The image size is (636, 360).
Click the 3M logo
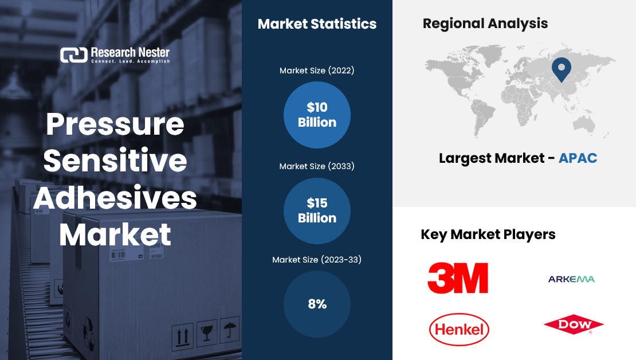(458, 278)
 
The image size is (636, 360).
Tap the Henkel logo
(459, 329)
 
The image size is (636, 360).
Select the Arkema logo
(571, 279)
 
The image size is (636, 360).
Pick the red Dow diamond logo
(574, 324)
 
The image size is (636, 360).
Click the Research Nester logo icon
(74, 55)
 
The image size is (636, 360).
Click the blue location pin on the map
(562, 69)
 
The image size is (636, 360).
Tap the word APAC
(578, 158)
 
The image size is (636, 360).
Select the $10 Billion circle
(317, 115)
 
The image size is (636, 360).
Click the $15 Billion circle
(317, 210)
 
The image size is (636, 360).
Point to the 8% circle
(317, 304)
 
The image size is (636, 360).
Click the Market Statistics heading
(317, 24)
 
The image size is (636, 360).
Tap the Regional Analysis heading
(485, 24)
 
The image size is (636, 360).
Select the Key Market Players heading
(488, 234)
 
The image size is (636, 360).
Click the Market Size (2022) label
(317, 71)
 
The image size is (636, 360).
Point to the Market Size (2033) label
(317, 166)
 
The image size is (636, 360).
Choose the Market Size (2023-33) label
(317, 260)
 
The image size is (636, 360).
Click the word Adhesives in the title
(115, 198)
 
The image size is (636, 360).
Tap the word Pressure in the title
(115, 124)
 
